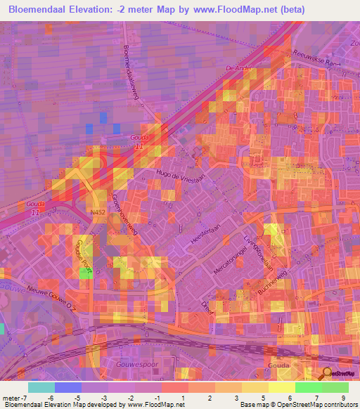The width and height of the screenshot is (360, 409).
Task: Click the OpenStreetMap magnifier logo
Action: pos(327,374)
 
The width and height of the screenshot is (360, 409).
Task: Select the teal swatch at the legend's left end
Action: pos(41,387)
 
